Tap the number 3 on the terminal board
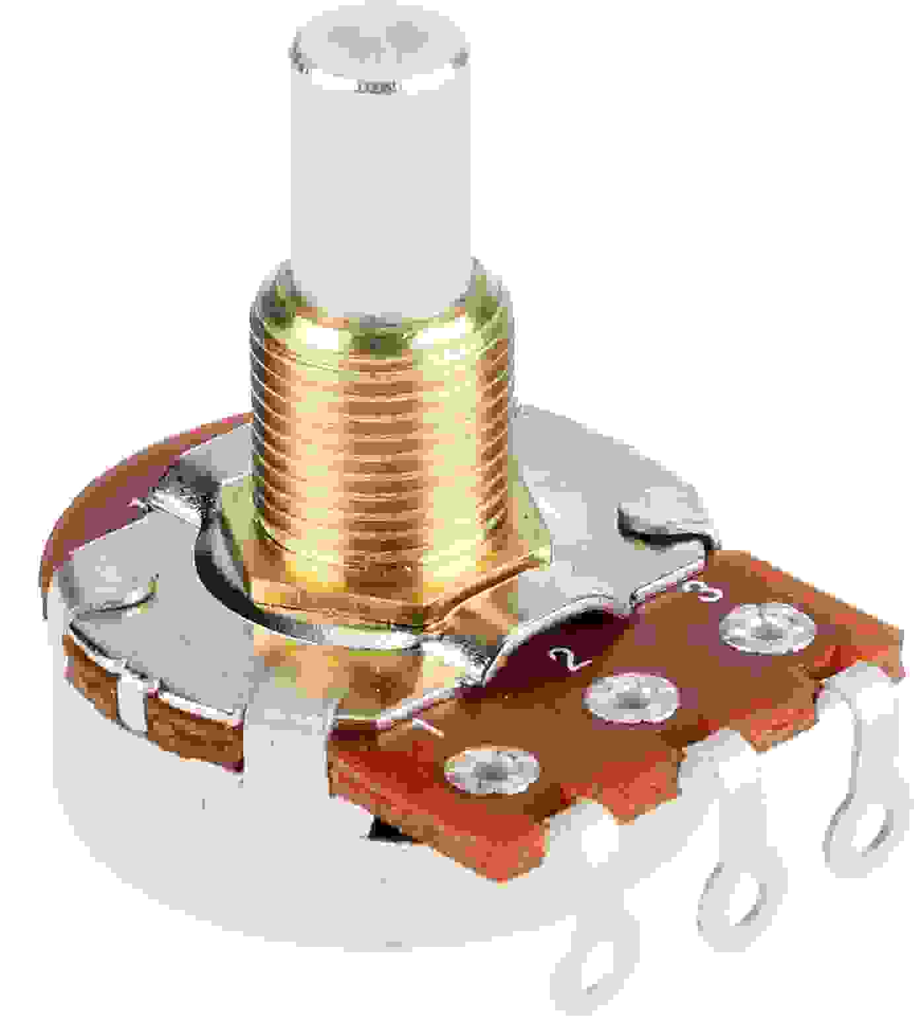point(699,590)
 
